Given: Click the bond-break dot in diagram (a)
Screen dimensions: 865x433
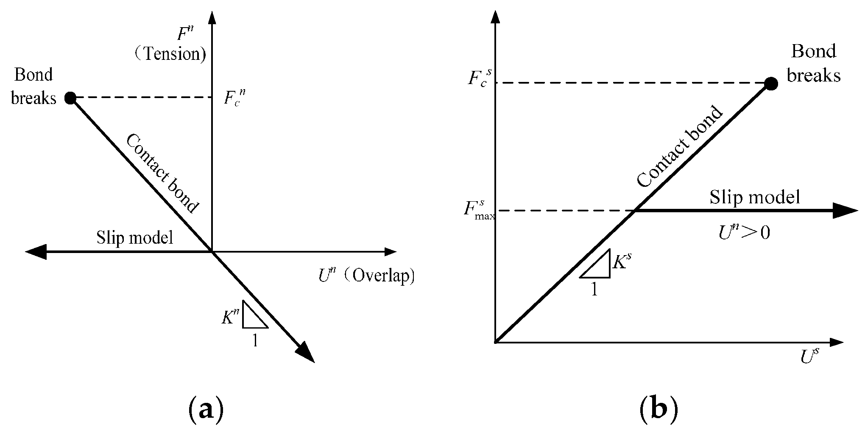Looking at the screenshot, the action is [70, 98].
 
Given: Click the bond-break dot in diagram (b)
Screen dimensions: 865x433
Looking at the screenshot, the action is [771, 84].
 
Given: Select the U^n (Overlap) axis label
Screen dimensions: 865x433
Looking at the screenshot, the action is [366, 276].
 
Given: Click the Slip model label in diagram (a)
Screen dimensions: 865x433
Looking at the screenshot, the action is [135, 238].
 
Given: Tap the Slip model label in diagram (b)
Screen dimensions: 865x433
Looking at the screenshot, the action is [755, 197].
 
